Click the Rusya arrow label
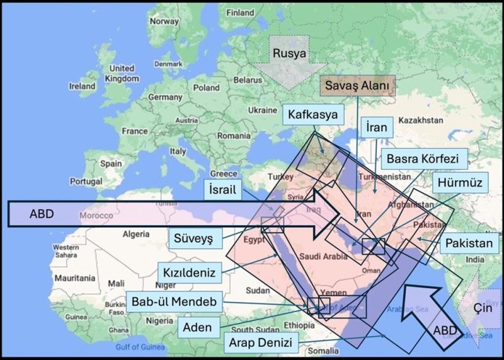click(x=289, y=54)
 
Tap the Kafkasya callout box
click(x=313, y=115)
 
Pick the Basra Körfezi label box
click(x=426, y=158)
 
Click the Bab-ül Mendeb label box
click(x=174, y=302)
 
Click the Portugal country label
click(x=85, y=181)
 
